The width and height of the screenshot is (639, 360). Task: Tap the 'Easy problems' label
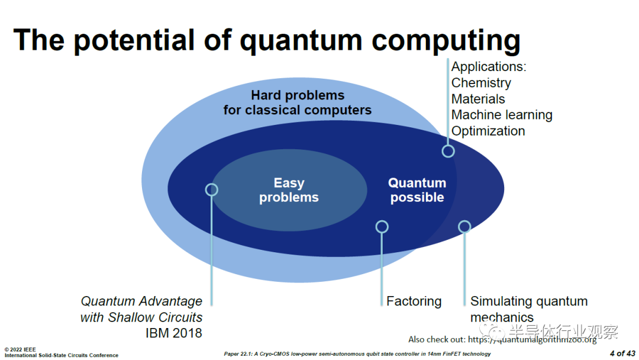pyautogui.click(x=289, y=190)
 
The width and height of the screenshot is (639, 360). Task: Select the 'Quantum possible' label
pyautogui.click(x=417, y=190)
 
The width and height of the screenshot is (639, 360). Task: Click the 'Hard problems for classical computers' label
pyautogui.click(x=297, y=102)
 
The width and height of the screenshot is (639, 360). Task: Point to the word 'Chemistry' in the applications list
pyautogui.click(x=481, y=83)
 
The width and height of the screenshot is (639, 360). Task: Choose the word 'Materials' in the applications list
pyautogui.click(x=478, y=99)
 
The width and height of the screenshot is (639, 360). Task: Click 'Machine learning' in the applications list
pyautogui.click(x=502, y=115)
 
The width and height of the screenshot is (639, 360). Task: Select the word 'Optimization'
pyautogui.click(x=488, y=131)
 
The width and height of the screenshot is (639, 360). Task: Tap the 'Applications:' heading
pyautogui.click(x=489, y=67)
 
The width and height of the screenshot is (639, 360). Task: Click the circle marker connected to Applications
pyautogui.click(x=448, y=151)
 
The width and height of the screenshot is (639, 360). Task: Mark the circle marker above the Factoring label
pyautogui.click(x=382, y=226)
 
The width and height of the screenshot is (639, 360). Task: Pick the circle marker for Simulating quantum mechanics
pyautogui.click(x=464, y=226)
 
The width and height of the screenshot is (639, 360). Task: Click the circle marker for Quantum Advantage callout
pyautogui.click(x=211, y=189)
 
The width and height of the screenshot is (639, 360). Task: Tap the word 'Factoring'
pyautogui.click(x=414, y=301)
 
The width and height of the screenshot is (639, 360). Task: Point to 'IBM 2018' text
pyautogui.click(x=173, y=333)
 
